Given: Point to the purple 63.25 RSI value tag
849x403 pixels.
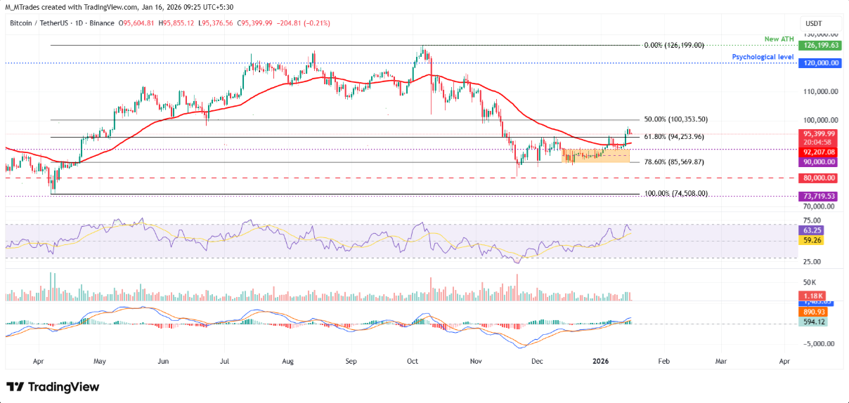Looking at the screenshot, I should click(808, 230).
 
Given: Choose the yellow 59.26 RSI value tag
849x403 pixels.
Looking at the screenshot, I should click(808, 240).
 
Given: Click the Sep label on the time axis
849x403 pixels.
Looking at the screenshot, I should click(351, 361).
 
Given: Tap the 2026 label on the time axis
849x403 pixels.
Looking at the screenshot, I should click(600, 361).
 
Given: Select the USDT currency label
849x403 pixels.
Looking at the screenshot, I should click(814, 23).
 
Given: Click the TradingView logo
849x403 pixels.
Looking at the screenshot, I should click(53, 387).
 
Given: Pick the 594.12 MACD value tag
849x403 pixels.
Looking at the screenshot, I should click(812, 322).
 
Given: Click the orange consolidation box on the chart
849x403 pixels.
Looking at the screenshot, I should click(595, 155).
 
